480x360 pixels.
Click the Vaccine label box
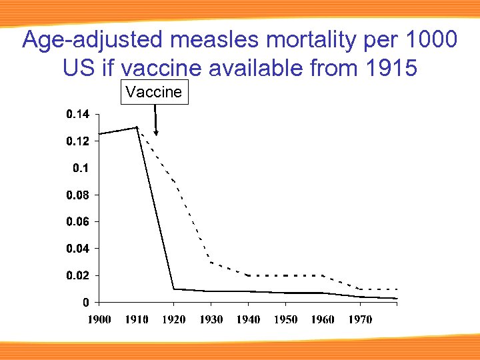pyautogui.click(x=154, y=92)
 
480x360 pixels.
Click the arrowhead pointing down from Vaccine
pyautogui.click(x=156, y=132)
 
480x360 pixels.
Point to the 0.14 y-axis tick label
pyautogui.click(x=77, y=115)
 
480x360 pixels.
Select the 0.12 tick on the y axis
pyautogui.click(x=77, y=141)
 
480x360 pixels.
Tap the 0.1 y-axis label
pyautogui.click(x=80, y=168)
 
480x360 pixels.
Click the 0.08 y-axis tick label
pyautogui.click(x=77, y=195)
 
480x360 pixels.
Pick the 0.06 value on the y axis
pyautogui.click(x=77, y=221)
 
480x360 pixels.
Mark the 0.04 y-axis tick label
pyautogui.click(x=77, y=248)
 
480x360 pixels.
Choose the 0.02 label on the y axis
pyautogui.click(x=77, y=275)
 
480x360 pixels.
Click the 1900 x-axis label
pyautogui.click(x=100, y=320)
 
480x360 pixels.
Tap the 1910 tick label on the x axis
pyautogui.click(x=137, y=320)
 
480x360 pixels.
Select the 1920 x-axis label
pyautogui.click(x=175, y=320)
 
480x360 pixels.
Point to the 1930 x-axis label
pyautogui.click(x=211, y=320)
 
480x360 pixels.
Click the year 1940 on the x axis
pyautogui.click(x=249, y=320)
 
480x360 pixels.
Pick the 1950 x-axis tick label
pyautogui.click(x=285, y=320)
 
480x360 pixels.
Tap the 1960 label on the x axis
pyautogui.click(x=323, y=320)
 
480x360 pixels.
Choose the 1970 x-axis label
pyautogui.click(x=360, y=320)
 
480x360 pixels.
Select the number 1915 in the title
pyautogui.click(x=387, y=67)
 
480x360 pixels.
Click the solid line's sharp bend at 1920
pyautogui.click(x=174, y=289)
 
